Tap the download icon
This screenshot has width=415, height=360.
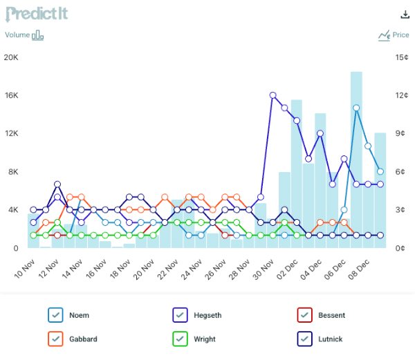pyautogui.click(x=405, y=15)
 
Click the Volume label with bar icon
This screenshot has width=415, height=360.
pyautogui.click(x=24, y=35)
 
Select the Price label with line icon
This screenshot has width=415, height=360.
pyautogui.click(x=394, y=35)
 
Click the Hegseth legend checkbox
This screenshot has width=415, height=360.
pyautogui.click(x=181, y=315)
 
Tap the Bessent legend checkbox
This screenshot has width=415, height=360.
pyautogui.click(x=305, y=315)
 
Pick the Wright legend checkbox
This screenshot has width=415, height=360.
pyautogui.click(x=181, y=339)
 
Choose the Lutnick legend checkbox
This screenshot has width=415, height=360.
pyautogui.click(x=305, y=339)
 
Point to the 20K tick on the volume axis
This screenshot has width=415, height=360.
pyautogui.click(x=11, y=57)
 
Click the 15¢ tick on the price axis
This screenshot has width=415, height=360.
pyautogui.click(x=401, y=57)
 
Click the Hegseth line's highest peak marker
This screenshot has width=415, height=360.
pyautogui.click(x=273, y=95)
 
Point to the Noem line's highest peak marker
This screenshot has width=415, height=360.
pyautogui.click(x=356, y=108)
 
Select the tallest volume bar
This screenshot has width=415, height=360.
pyautogui.click(x=356, y=159)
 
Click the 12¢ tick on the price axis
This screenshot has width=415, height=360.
pyautogui.click(x=401, y=95)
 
